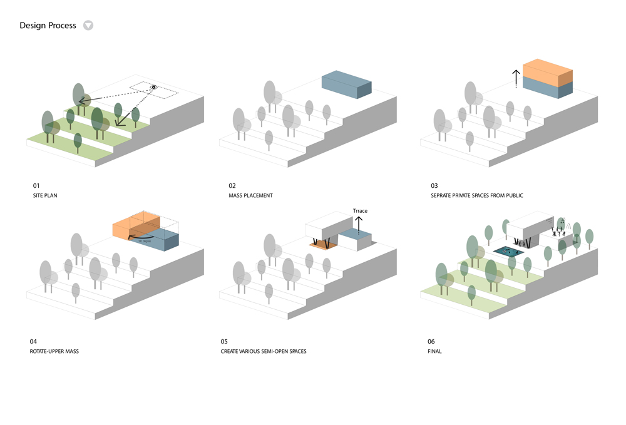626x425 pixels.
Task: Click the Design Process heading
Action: (48, 26)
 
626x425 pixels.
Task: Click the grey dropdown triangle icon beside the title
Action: (88, 26)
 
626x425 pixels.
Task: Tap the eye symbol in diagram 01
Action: (153, 88)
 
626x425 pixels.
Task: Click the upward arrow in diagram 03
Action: (516, 78)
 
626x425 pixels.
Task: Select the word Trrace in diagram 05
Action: (361, 211)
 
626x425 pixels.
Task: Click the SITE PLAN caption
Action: (45, 196)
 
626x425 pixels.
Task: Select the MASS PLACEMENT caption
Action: (250, 196)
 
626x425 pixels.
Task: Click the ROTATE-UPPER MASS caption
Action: (54, 351)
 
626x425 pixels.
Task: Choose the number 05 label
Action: (224, 342)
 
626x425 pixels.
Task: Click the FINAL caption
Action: (434, 351)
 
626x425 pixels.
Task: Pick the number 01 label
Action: (36, 186)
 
